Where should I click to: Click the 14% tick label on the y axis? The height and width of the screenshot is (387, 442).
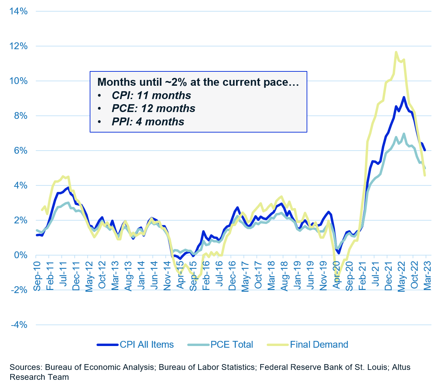coord(19,11)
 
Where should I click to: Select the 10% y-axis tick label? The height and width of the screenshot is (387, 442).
coord(19,81)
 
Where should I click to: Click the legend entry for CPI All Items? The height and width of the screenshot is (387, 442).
coord(147,345)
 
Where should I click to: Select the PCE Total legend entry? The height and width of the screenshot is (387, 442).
coord(232,345)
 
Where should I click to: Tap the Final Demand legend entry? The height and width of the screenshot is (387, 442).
coord(319,345)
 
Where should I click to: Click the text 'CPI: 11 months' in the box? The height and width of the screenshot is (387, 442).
coord(151,95)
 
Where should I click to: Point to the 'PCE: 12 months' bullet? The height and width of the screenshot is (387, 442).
coord(153,108)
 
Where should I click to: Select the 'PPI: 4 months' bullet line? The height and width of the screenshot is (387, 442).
coord(148,122)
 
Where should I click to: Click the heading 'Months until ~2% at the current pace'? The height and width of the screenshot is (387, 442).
coord(198,82)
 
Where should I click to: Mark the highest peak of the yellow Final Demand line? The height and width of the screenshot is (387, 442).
coord(396,52)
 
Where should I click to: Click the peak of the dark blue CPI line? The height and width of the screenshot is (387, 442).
coord(404,97)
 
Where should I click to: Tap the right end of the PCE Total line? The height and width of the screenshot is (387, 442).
coord(425,168)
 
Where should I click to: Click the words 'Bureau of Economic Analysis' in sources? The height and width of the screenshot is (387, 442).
coord(99,367)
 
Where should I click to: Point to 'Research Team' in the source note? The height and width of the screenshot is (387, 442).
coord(39,377)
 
